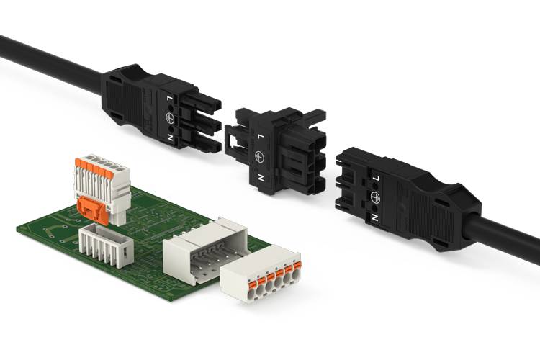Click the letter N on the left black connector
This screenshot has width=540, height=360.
click(x=170, y=138)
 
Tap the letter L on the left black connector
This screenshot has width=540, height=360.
click(x=168, y=99)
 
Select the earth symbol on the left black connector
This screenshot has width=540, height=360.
click(x=170, y=117)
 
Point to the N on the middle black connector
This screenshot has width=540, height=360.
click(x=261, y=178)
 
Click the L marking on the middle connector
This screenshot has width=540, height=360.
click(x=261, y=137)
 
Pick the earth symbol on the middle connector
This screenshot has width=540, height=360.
click(x=259, y=157)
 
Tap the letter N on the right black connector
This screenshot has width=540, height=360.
click(x=374, y=217)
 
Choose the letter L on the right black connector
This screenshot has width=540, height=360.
click(x=376, y=179)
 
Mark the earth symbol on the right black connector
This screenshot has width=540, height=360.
click(x=375, y=197)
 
